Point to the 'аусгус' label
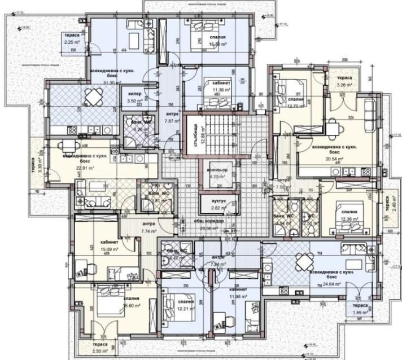click(x=217, y=200)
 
